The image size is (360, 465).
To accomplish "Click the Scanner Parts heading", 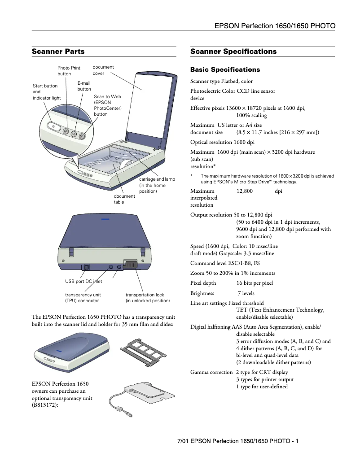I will pyautogui.click(x=58, y=52).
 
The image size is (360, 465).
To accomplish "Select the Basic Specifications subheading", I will pyautogui.click(x=225, y=70).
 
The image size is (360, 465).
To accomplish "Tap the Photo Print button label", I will pyautogui.click(x=69, y=71).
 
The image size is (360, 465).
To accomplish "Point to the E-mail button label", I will pyautogui.click(x=84, y=86).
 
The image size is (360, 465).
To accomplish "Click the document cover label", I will pyautogui.click(x=103, y=70).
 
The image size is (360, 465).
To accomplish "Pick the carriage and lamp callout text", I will pyautogui.click(x=157, y=185).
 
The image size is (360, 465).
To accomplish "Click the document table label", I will pyautogui.click(x=124, y=199).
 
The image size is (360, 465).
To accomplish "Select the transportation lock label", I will pyautogui.click(x=148, y=298).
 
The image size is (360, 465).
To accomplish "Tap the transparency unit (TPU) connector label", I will pyautogui.click(x=83, y=298).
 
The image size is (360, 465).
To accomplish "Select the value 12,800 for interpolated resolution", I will pyautogui.click(x=245, y=191).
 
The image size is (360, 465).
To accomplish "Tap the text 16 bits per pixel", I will pyautogui.click(x=255, y=283).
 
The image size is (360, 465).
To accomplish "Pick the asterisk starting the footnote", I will pyautogui.click(x=192, y=176).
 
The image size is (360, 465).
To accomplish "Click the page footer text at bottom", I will pyautogui.click(x=238, y=441).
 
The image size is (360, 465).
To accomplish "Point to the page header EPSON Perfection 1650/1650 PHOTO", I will pyautogui.click(x=275, y=26).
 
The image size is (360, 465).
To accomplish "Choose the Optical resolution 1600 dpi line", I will pyautogui.click(x=222, y=142).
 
